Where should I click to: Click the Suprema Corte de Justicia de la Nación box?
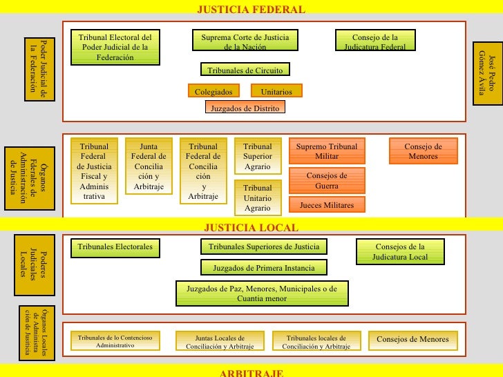[245, 40]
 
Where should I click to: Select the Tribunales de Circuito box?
[245, 69]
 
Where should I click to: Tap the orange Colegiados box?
[213, 90]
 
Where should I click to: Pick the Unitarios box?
[276, 90]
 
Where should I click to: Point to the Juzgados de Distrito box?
[245, 107]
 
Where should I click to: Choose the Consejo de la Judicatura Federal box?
[375, 40]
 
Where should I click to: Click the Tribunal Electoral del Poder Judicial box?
[115, 47]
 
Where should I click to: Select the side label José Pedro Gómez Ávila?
[487, 73]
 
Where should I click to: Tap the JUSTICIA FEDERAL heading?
[251, 9]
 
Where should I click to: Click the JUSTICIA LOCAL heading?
[251, 227]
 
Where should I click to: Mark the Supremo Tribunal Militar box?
[327, 151]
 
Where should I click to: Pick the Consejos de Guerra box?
[327, 180]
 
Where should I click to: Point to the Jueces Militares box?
[327, 204]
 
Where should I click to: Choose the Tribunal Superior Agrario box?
[258, 156]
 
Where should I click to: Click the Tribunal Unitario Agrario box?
[258, 197]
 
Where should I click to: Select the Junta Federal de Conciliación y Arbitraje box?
[149, 166]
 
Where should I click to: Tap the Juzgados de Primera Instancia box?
[264, 267]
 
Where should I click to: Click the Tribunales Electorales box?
[115, 248]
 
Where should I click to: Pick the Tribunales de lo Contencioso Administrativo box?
[115, 341]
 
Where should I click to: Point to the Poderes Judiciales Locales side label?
[35, 265]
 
